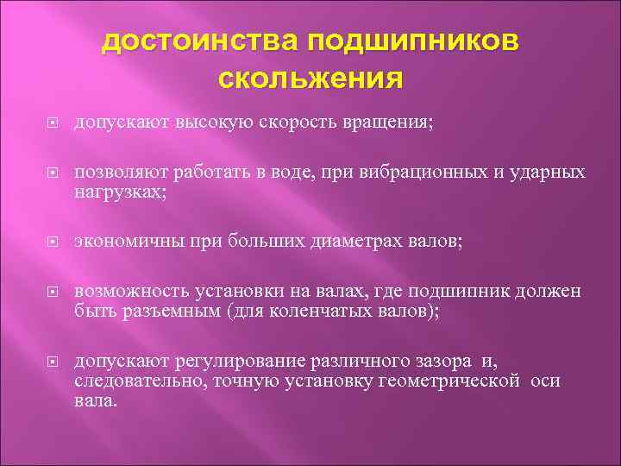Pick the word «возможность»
point(130,293)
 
